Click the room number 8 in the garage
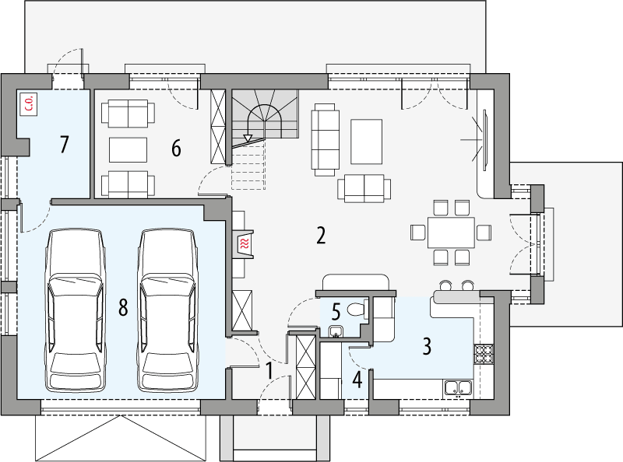122,307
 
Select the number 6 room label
176,146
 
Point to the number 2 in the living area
320,236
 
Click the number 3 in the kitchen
427,345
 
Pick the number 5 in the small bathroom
336,311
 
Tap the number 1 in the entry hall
269,370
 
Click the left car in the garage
76,310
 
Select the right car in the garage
165,310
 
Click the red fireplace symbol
245,244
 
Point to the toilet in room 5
357,310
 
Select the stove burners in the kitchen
484,353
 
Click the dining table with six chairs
450,232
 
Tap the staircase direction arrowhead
248,138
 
